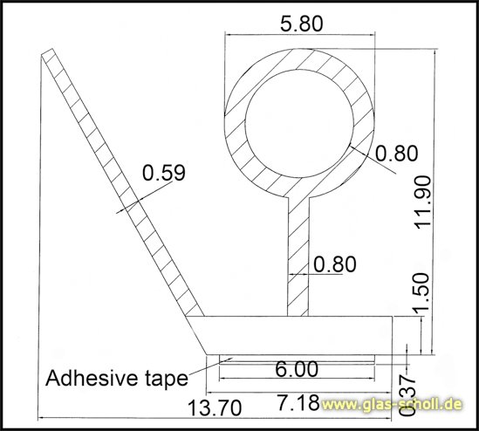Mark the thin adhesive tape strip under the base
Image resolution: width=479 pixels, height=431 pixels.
pyautogui.click(x=297, y=357)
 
